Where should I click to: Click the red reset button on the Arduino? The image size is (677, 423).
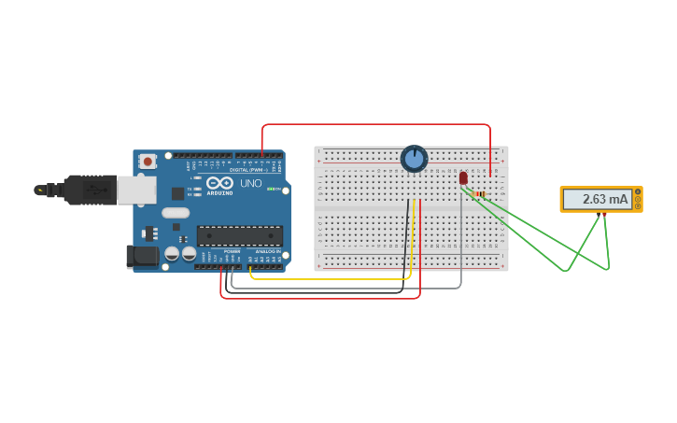pyautogui.click(x=147, y=162)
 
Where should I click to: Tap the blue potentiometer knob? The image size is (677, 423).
pyautogui.click(x=414, y=159)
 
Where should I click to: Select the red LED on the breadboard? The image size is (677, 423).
pyautogui.click(x=463, y=177)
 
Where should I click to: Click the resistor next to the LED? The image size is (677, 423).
pyautogui.click(x=480, y=194)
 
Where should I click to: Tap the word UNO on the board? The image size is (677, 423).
pyautogui.click(x=251, y=183)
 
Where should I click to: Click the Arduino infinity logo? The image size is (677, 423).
pyautogui.click(x=219, y=183)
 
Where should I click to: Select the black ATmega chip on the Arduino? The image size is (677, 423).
pyautogui.click(x=239, y=235)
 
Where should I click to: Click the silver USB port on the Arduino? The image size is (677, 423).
pyautogui.click(x=136, y=190)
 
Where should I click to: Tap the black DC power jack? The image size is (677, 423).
pyautogui.click(x=142, y=255)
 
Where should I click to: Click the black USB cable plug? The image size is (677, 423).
pyautogui.click(x=90, y=190)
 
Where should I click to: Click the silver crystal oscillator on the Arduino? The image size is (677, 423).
pyautogui.click(x=176, y=213)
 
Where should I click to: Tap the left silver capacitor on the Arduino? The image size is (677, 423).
pyautogui.click(x=173, y=253)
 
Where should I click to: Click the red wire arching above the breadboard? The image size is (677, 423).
pyautogui.click(x=374, y=124)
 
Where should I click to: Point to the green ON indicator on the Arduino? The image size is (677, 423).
pyautogui.click(x=272, y=190)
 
